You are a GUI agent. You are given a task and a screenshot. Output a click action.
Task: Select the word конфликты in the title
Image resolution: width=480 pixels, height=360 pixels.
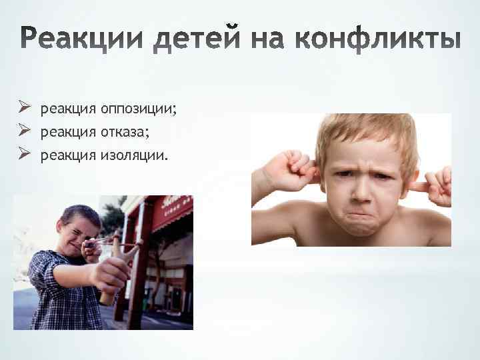pyautogui.click(x=391, y=39)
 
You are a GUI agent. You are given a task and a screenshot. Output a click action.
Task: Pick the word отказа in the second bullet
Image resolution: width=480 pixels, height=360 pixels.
pyautogui.click(x=125, y=132)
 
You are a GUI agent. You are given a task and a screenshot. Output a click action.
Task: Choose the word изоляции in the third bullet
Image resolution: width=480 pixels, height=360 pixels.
pyautogui.click(x=135, y=155)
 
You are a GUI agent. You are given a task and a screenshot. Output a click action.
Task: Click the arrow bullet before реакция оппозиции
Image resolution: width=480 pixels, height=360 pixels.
pyautogui.click(x=25, y=107)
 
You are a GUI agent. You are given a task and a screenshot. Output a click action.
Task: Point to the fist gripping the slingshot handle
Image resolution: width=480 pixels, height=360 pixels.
pyautogui.click(x=111, y=273)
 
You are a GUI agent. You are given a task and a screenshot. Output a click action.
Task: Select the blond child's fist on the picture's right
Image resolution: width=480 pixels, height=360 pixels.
pyautogui.click(x=437, y=185)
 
